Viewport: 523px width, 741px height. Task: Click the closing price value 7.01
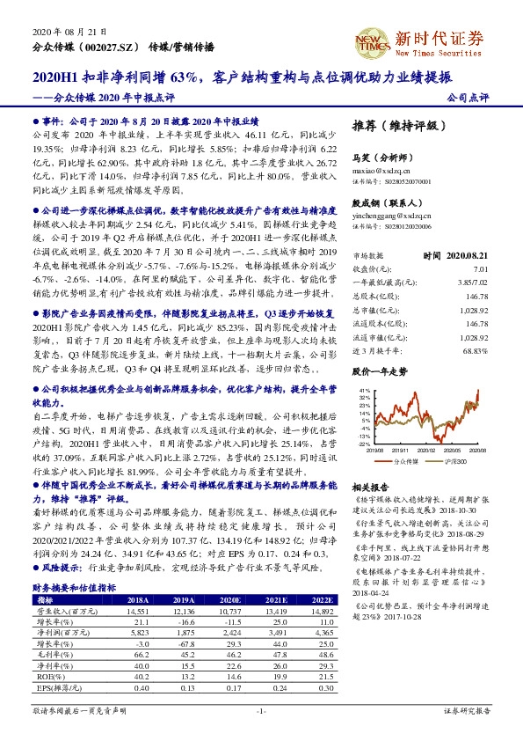479,268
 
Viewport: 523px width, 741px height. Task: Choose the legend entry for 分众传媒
399,460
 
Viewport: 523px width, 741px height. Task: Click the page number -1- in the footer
260,710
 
